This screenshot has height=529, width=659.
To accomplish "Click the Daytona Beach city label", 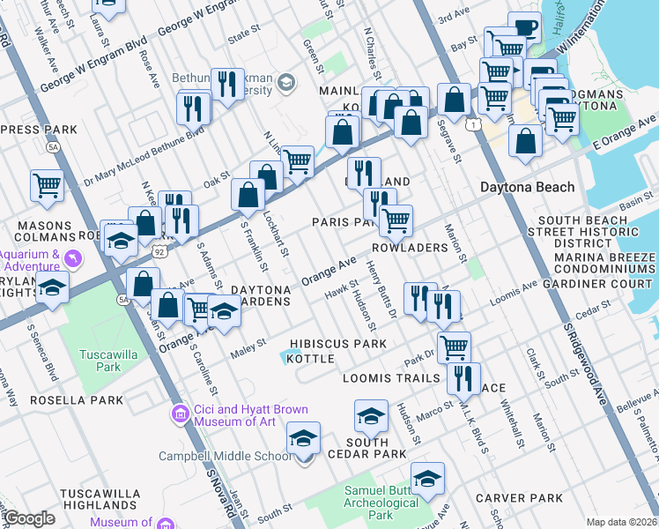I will [527, 187].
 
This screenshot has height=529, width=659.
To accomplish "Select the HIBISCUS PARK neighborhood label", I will [340, 343].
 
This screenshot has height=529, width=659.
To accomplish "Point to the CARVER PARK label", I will [519, 498].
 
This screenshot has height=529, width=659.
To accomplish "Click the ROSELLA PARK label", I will [76, 399].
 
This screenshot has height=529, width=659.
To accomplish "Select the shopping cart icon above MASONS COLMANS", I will [47, 185].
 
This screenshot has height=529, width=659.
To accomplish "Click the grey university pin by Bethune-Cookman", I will [285, 83].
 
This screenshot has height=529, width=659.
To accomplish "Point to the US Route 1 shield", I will [475, 125].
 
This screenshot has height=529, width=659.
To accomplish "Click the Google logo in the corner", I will [29, 518].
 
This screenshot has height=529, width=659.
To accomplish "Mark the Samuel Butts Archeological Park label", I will [380, 502].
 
